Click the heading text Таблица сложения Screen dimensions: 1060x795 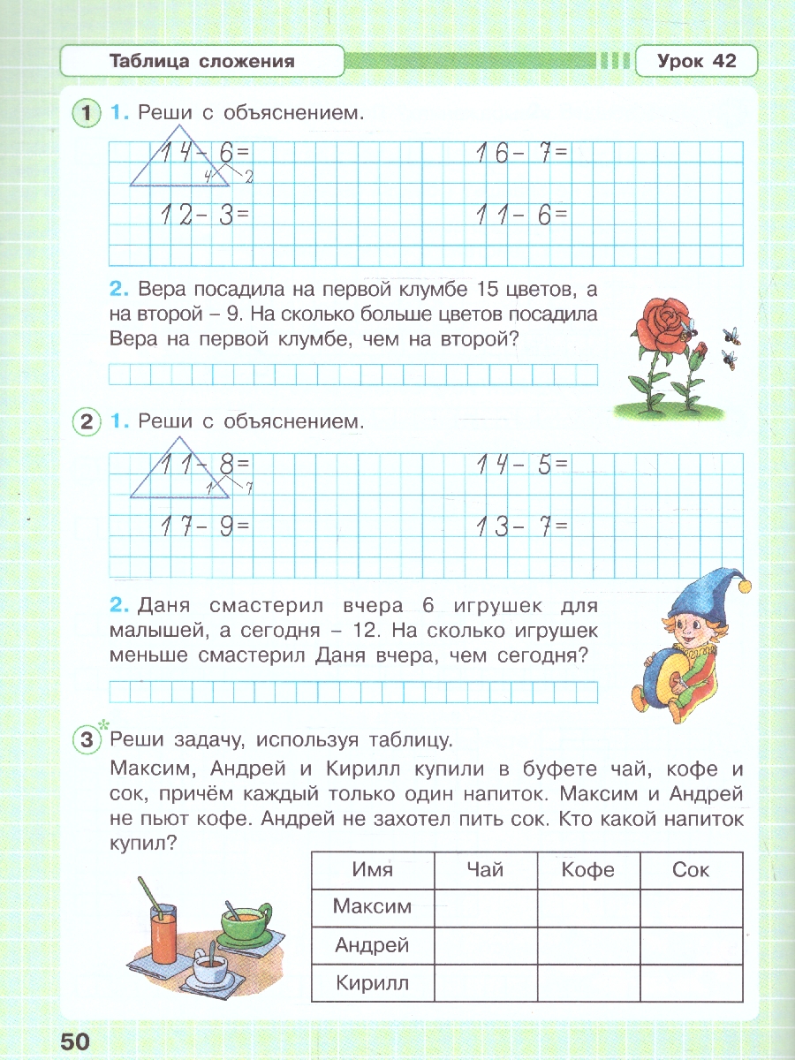coord(201,61)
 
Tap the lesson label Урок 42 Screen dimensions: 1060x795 coord(696,61)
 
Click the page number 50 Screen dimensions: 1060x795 coord(75,1041)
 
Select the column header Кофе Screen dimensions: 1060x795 coord(588,870)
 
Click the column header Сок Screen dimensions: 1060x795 coord(691,870)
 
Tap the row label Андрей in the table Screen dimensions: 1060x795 coord(372,945)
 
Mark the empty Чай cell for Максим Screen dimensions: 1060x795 coord(485,906)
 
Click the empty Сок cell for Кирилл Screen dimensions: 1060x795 coord(691,983)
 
